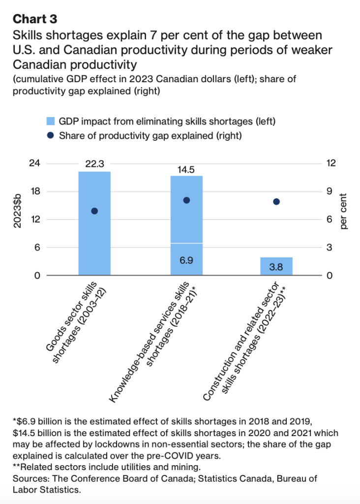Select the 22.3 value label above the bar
click(x=94, y=164)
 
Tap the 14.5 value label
click(x=186, y=169)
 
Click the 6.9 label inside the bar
click(x=186, y=259)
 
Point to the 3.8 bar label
click(x=276, y=266)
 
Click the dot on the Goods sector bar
click(x=94, y=211)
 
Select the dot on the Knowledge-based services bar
click(x=186, y=200)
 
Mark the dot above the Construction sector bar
click(x=276, y=202)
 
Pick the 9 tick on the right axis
click(x=329, y=191)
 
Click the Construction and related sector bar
click(x=276, y=266)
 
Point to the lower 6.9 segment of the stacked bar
click(x=186, y=266)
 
